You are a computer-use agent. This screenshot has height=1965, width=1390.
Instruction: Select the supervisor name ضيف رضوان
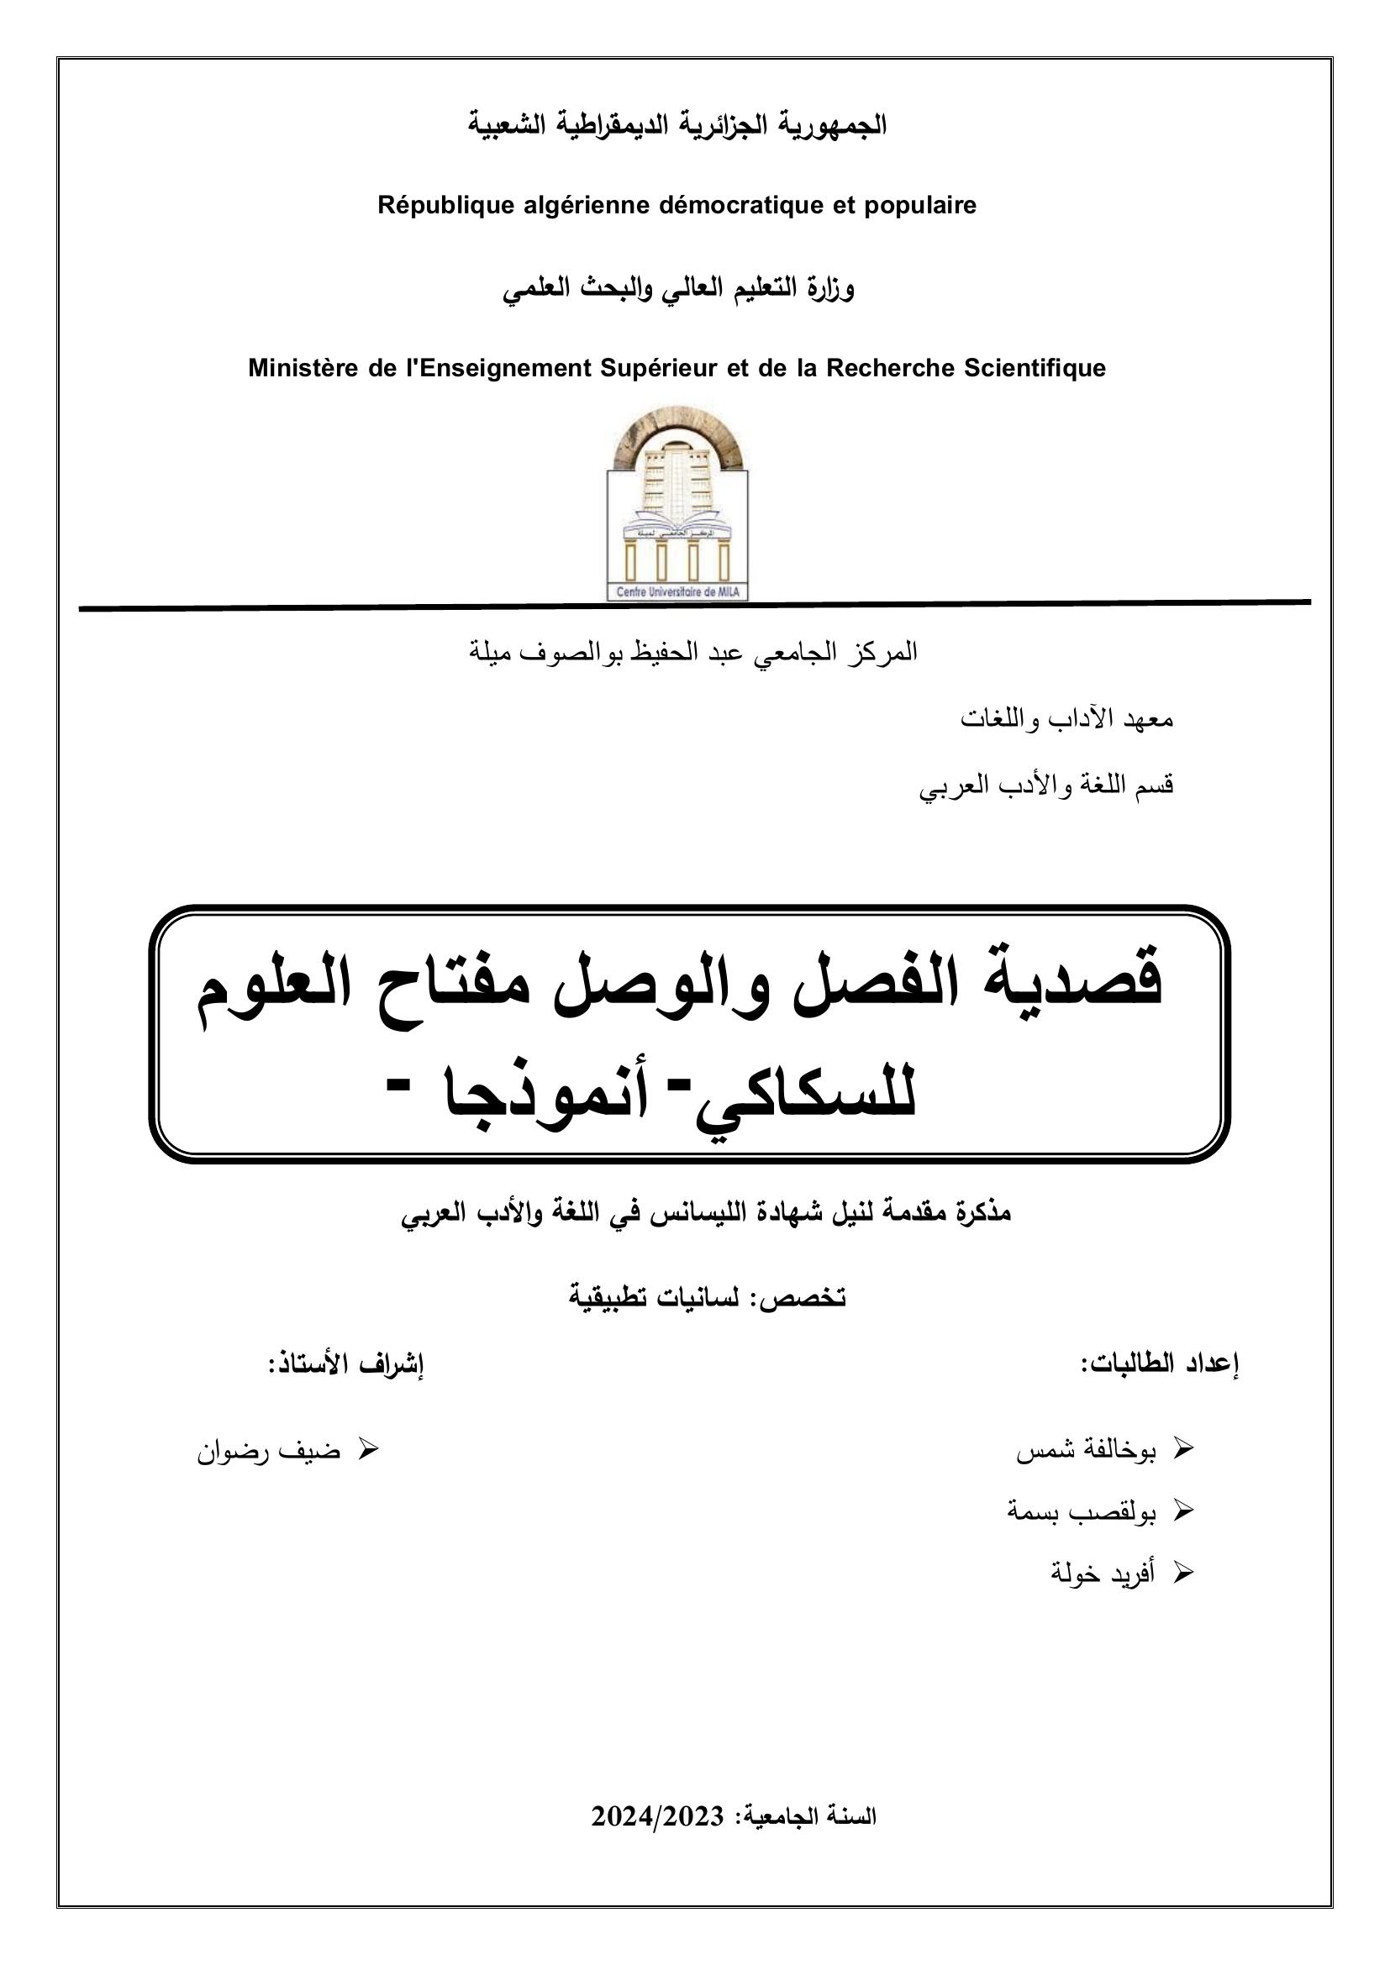tap(269, 1453)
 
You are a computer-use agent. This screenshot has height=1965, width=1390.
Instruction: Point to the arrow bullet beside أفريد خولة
tap(1182, 1571)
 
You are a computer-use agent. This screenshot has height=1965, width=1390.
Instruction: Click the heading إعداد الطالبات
tap(1160, 1364)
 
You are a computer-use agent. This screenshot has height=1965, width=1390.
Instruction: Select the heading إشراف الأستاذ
tap(345, 1364)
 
